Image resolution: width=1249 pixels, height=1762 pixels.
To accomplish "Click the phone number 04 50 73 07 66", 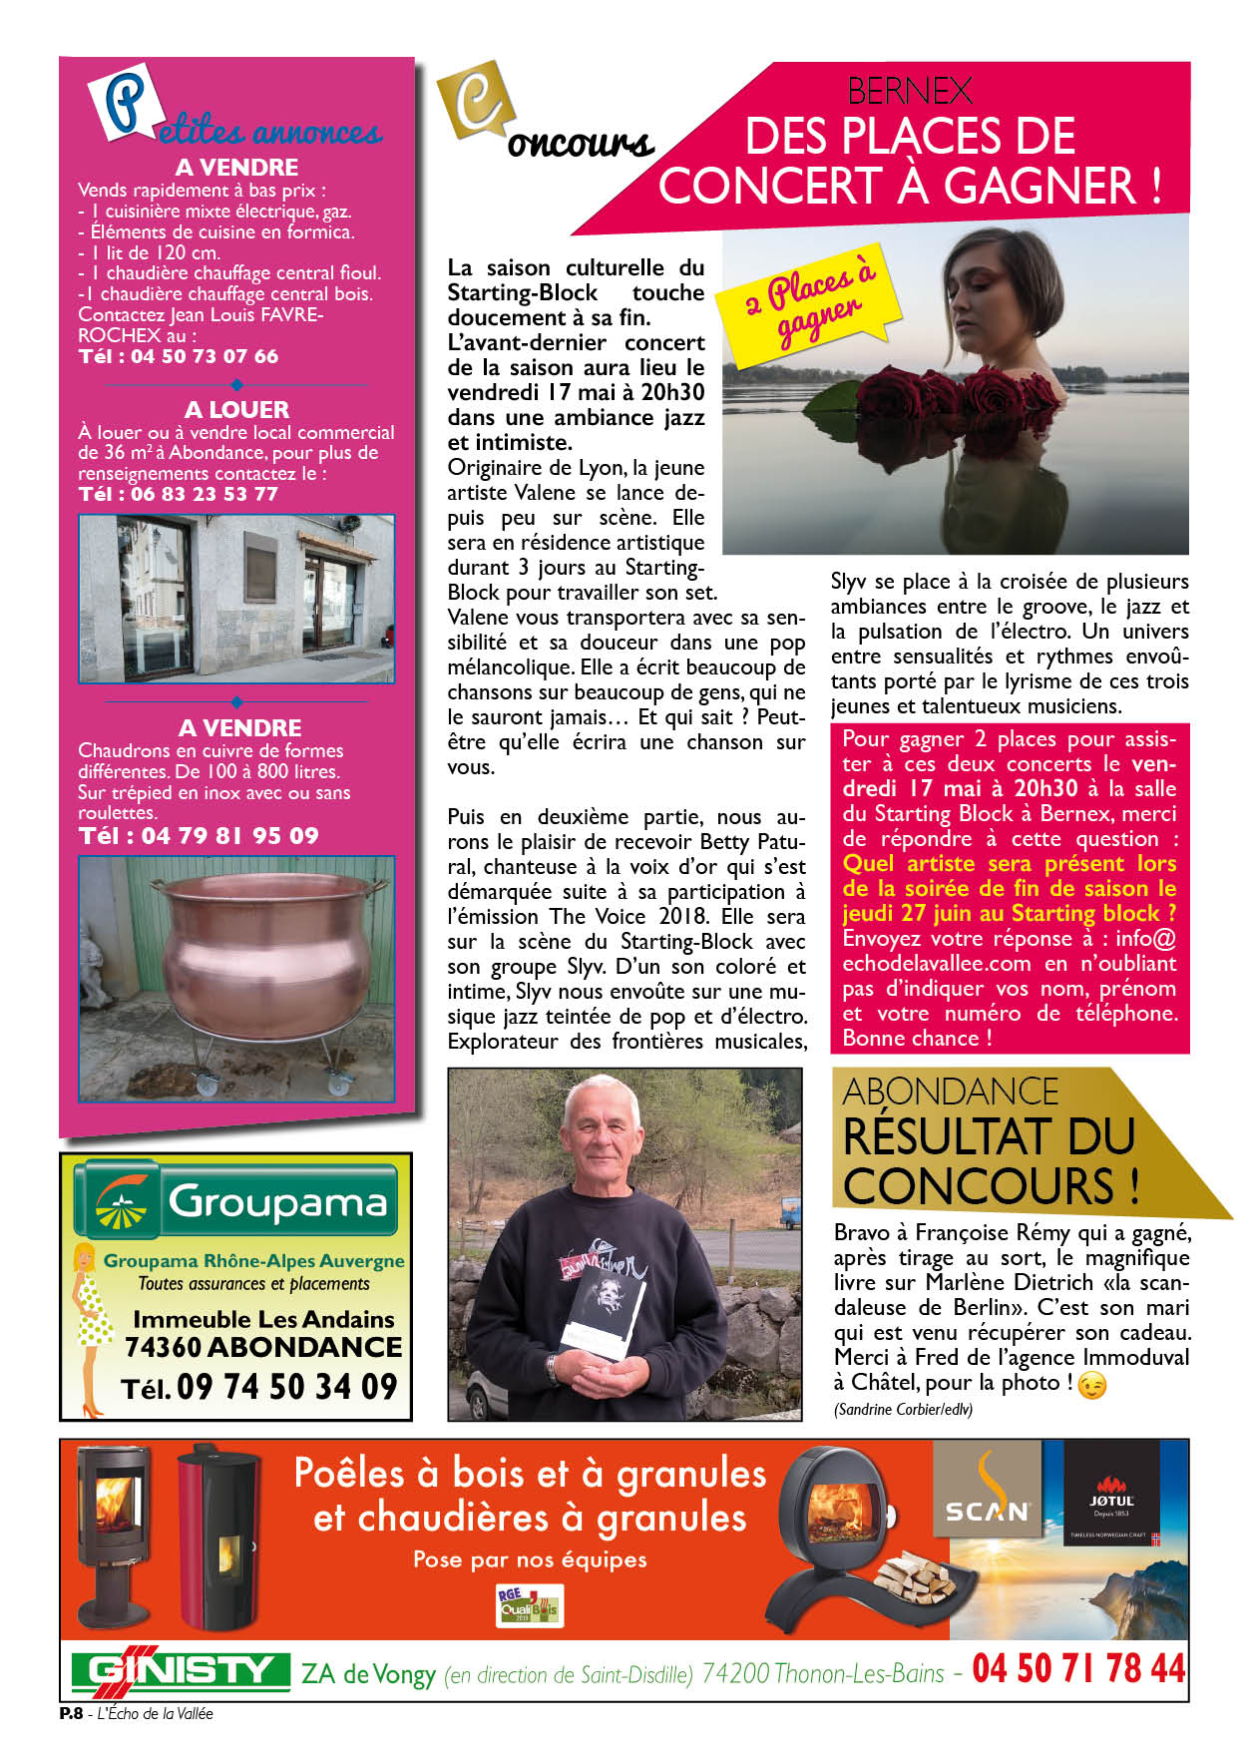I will tap(204, 356).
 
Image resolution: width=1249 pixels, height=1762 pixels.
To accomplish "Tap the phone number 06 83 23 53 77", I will tap(204, 494).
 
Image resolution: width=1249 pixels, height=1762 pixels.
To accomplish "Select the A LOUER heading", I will tap(236, 409).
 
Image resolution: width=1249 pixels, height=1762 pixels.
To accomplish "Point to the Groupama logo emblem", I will tap(120, 1200).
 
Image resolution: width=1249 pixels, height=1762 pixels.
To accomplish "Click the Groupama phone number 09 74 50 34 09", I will tap(286, 1387).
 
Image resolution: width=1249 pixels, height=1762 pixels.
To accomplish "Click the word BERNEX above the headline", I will tap(909, 92).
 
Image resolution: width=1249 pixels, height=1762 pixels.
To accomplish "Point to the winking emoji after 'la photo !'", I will tap(1093, 1385).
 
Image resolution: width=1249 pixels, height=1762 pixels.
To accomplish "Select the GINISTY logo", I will tap(181, 1670).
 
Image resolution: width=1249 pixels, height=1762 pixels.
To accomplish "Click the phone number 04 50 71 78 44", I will tap(1078, 1668).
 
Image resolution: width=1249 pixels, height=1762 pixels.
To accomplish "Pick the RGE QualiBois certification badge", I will tap(529, 1605).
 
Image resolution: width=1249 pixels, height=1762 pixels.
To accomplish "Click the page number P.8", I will tap(71, 1713).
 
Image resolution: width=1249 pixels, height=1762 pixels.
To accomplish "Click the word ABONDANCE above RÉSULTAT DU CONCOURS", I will tap(951, 1092).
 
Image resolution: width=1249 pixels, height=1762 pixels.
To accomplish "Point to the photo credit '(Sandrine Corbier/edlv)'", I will tap(902, 1409).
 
